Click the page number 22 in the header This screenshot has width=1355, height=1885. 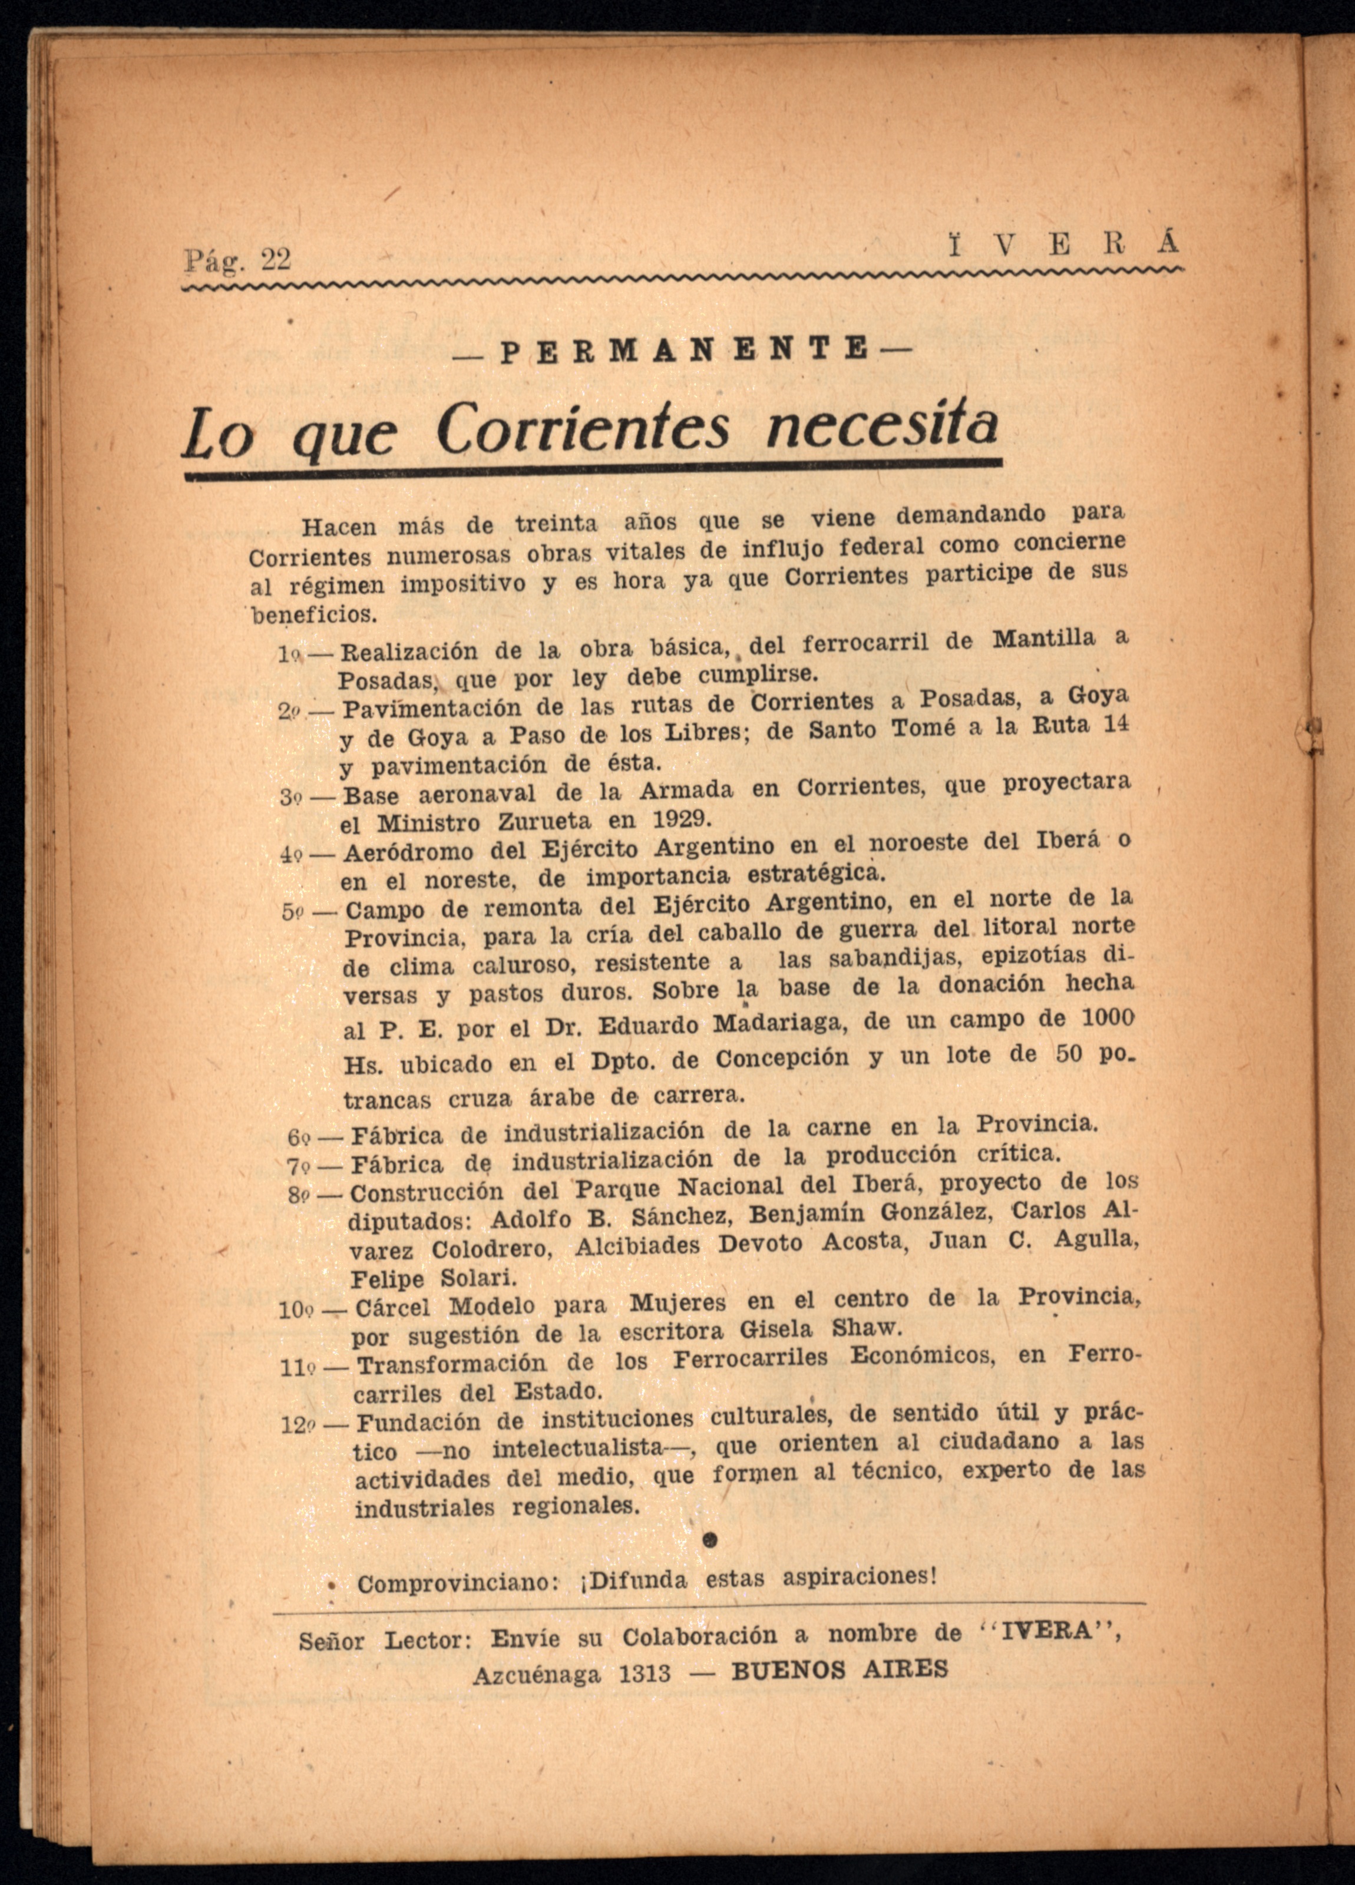click(276, 260)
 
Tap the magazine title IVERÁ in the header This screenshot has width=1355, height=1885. click(1064, 244)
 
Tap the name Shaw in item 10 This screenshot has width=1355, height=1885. click(866, 1328)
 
